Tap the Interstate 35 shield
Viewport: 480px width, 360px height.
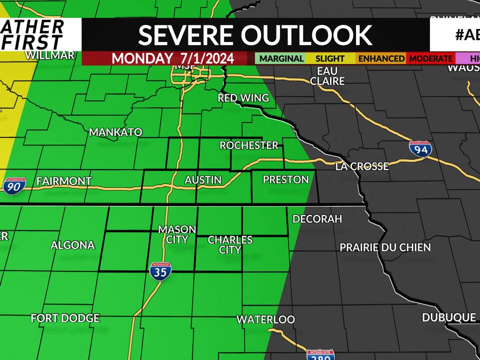pos(160,271)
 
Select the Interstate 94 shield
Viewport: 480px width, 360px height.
pos(420,149)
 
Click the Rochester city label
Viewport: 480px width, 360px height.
pos(249,145)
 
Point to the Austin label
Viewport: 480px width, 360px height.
pos(203,179)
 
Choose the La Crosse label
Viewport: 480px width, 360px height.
pos(362,166)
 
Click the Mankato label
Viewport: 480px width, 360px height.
pos(115,132)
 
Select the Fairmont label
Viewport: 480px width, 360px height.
pos(64,181)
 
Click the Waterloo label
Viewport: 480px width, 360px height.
pos(265,319)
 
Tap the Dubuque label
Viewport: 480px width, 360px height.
pos(448,317)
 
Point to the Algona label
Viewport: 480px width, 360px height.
pos(72,245)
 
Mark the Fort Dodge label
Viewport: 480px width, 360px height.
pos(65,318)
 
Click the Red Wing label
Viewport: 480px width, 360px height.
pos(243,98)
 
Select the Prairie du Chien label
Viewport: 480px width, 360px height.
pos(385,247)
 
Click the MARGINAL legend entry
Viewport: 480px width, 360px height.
pos(281,58)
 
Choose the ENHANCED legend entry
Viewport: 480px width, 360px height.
pos(381,58)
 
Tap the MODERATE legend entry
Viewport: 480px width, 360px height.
pos(430,58)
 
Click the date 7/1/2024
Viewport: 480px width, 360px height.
pos(204,58)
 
